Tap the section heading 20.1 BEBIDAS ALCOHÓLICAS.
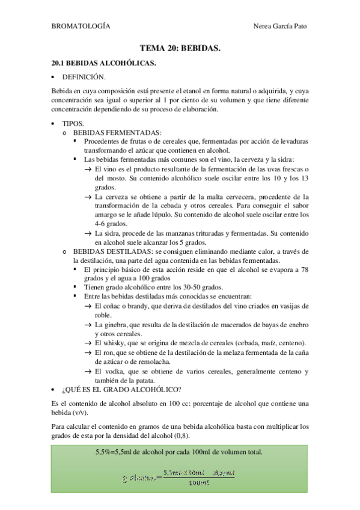pyautogui.click(x=104, y=63)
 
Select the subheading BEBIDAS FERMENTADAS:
pyautogui.click(x=117, y=132)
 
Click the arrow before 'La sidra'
pyautogui.click(x=88, y=233)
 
